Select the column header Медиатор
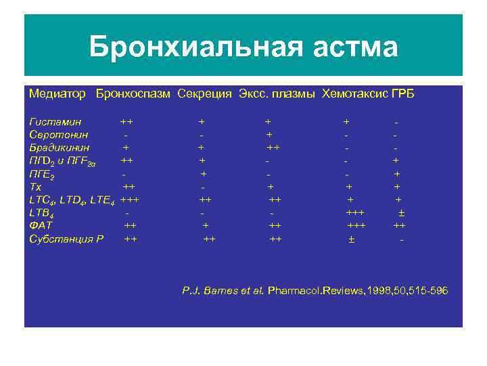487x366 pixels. point(57,94)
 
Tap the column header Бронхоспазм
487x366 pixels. point(133,94)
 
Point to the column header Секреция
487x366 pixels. point(205,94)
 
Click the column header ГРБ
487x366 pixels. point(402,94)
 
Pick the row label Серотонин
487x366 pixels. point(59,134)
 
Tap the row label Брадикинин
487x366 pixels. point(60,146)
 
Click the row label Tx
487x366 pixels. point(35,186)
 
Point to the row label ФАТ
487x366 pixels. point(41,225)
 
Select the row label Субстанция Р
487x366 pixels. point(66,239)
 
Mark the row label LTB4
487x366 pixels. point(41,213)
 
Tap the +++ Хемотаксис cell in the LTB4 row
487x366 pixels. point(355,212)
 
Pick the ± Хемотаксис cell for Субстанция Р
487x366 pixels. point(351,239)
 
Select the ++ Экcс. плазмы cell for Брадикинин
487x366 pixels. point(273,146)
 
